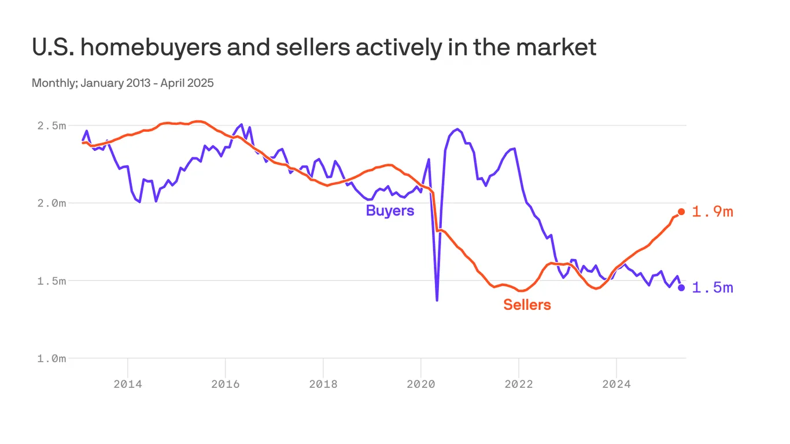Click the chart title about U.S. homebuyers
point(313,47)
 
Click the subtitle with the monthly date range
point(123,83)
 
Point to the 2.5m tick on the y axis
point(51,125)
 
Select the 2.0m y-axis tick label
point(51,203)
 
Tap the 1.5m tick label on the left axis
point(51,281)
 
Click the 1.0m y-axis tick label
point(51,358)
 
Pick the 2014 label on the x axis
point(127,383)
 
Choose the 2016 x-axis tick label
point(225,383)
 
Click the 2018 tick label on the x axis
point(323,383)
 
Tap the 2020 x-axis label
point(420,383)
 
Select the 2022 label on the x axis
point(519,383)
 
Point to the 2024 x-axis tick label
point(617,383)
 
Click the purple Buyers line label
point(390,210)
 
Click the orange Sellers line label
point(527,305)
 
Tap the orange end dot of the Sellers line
point(681,212)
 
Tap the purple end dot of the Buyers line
point(681,287)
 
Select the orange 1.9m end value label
point(713,212)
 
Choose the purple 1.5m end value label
point(713,288)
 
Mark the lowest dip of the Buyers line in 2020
point(437,300)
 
